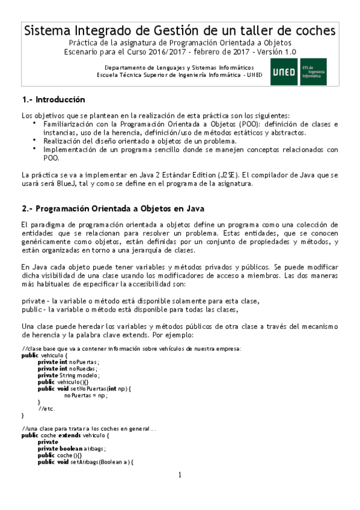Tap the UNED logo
(284, 72)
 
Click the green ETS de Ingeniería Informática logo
(313, 72)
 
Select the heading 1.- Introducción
(53, 99)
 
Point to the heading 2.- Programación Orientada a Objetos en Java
(113, 209)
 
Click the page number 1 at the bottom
(179, 475)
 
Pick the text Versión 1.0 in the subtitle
(273, 52)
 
